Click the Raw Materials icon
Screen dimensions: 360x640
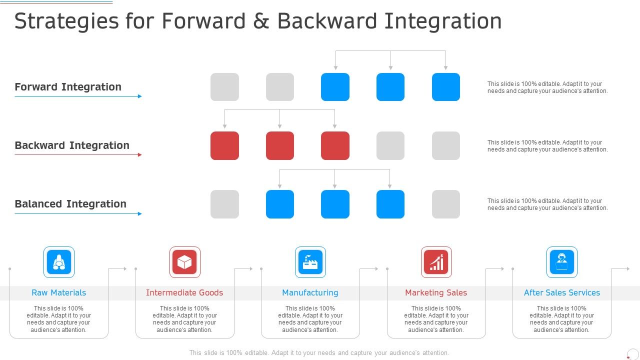(59, 262)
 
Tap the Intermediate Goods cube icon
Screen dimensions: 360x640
(184, 262)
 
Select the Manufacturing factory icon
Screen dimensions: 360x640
(310, 262)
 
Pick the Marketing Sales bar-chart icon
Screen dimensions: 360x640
(436, 262)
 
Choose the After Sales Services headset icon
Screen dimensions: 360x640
(561, 262)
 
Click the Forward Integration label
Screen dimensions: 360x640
(68, 87)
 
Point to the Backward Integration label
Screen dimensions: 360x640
(72, 145)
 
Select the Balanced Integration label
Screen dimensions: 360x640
(70, 204)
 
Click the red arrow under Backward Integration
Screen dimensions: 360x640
(78, 155)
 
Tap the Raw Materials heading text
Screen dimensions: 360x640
(59, 293)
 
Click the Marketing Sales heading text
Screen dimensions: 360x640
(436, 293)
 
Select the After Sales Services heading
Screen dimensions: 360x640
(561, 293)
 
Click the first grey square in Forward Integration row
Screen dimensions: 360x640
(224, 87)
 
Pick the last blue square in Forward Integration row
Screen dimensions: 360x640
(445, 87)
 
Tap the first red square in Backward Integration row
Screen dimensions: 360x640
(224, 145)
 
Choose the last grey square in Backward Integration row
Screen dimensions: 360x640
(445, 145)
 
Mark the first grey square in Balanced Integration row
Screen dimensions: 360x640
(224, 204)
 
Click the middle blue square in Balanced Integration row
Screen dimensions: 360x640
(335, 204)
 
